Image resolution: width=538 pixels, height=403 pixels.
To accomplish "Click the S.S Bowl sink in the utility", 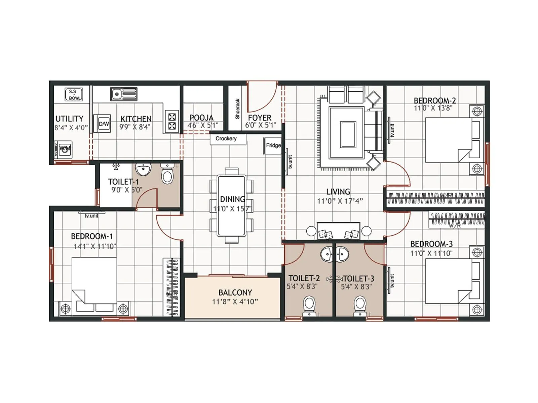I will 74,94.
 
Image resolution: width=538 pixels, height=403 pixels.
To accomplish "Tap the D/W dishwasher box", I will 104,124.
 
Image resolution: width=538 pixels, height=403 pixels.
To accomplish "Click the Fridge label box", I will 273,145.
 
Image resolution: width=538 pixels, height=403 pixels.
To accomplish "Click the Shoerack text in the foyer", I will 237,109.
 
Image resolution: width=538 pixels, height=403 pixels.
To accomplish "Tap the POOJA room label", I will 201,118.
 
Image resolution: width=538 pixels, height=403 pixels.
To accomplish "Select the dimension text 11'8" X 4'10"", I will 235,302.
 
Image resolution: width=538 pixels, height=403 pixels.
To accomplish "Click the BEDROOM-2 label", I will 434,100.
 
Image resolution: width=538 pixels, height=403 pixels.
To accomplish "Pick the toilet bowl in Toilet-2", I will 309,304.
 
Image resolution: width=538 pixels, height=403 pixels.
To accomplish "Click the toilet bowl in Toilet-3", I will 360,304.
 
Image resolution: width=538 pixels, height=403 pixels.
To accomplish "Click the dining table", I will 232,205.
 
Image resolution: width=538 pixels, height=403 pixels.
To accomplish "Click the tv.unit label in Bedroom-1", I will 91,216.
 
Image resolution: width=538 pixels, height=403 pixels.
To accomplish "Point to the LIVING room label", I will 338,191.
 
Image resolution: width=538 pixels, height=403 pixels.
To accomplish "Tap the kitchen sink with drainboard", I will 124,94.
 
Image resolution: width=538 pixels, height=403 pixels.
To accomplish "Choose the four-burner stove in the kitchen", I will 172,122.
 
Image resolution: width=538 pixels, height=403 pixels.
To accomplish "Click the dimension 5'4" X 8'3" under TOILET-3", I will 356,287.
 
